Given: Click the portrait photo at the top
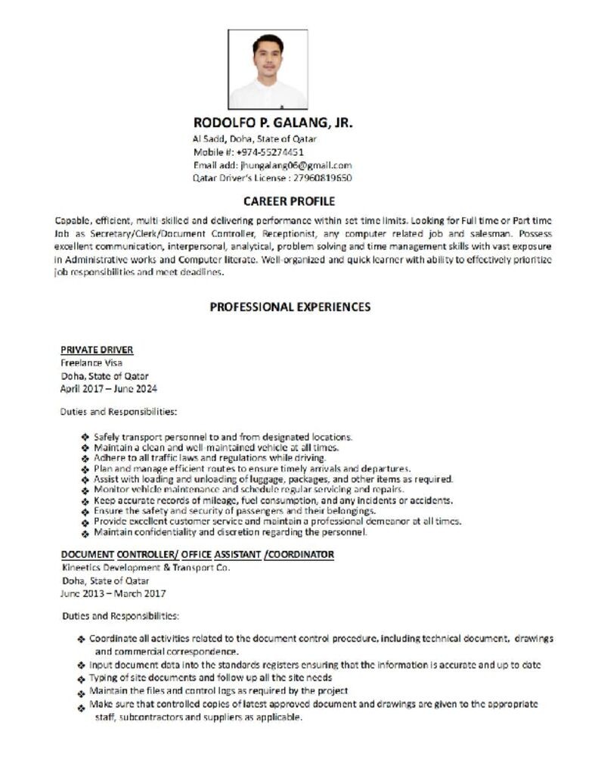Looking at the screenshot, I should click(268, 69).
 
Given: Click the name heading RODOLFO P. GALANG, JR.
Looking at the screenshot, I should click(273, 123).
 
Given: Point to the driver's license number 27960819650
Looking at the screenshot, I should click(322, 178).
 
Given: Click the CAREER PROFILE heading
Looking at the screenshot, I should click(289, 201).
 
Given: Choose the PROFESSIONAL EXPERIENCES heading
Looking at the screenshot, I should click(290, 307).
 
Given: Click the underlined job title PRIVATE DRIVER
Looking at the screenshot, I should click(97, 350).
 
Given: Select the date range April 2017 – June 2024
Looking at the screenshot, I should click(109, 388).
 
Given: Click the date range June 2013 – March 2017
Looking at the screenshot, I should click(113, 593).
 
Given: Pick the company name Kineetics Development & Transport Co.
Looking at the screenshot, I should click(145, 568).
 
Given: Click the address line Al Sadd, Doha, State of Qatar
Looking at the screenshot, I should click(255, 139).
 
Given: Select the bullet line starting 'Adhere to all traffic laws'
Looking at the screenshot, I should click(210, 458).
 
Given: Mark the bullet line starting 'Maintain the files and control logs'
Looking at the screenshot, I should click(218, 691).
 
